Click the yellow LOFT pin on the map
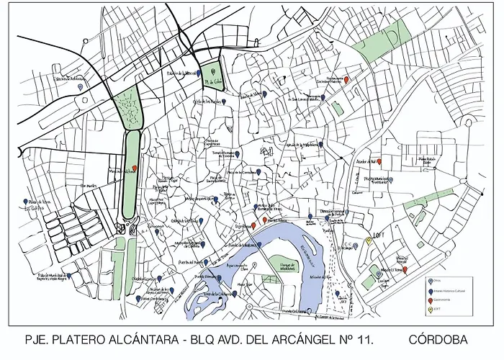[369, 241]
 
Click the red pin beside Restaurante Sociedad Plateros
[347, 79]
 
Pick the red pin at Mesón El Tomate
[405, 270]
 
